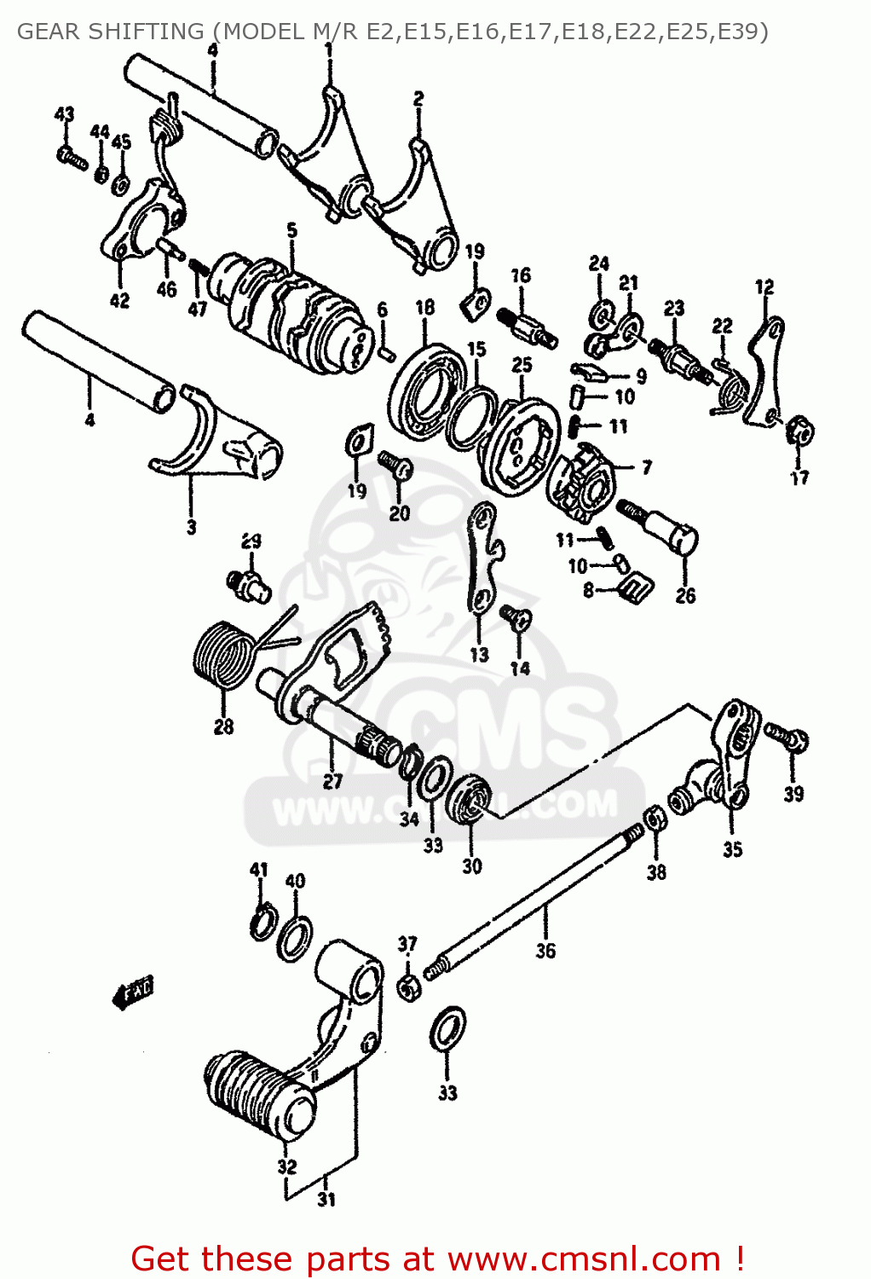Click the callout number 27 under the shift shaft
[x=332, y=781]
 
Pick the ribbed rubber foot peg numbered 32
[x=256, y=1095]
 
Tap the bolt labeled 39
[x=788, y=735]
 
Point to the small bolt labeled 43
[x=71, y=157]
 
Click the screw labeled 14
[x=515, y=616]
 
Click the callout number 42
[x=119, y=300]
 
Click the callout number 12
[x=764, y=287]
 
